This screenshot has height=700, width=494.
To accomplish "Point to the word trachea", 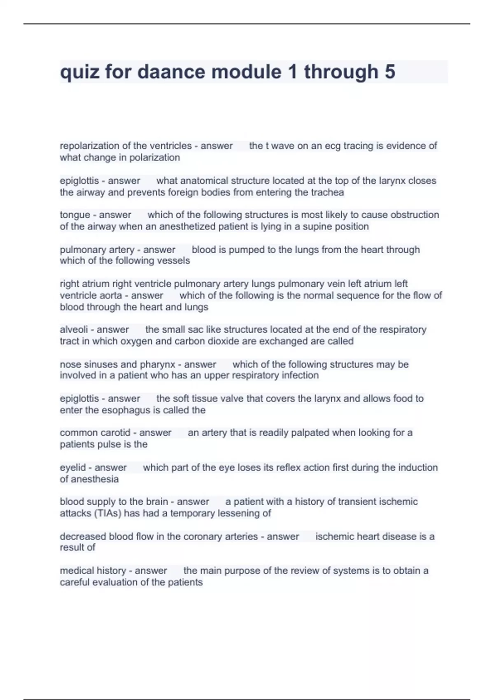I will pos(327,192).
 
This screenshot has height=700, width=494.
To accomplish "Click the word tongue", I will pos(75,215).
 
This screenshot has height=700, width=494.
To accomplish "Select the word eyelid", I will pos(72,468).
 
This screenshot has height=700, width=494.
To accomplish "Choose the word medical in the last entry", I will pos(76,571).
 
